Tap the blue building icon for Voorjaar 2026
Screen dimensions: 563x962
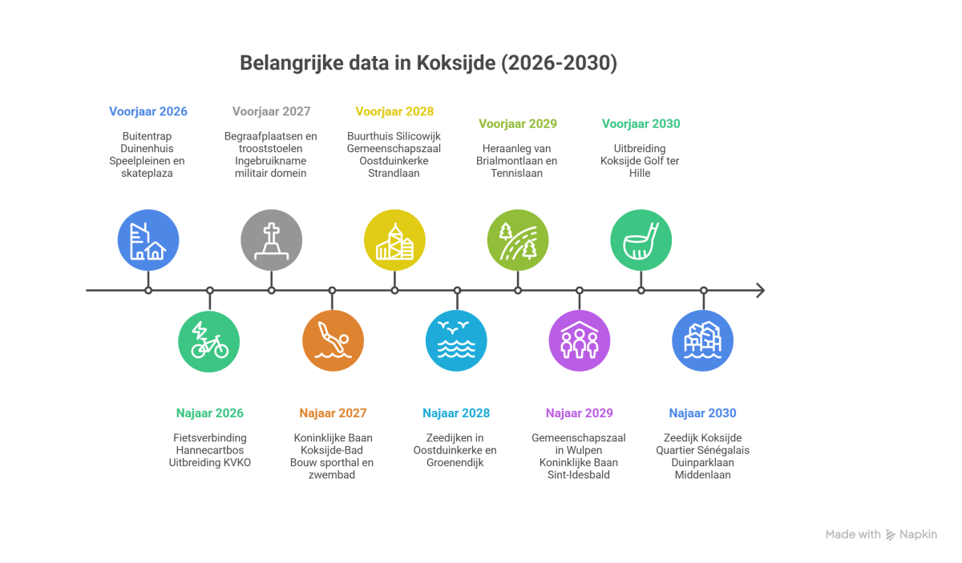(x=148, y=239)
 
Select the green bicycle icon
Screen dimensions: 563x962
(x=209, y=341)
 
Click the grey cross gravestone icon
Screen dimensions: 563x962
(x=271, y=239)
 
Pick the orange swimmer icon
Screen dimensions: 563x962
(x=333, y=341)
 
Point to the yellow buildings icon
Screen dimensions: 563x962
(x=394, y=239)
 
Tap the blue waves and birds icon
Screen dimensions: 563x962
(x=456, y=341)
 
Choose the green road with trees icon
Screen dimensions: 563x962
(x=518, y=239)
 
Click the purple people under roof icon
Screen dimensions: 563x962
(x=580, y=341)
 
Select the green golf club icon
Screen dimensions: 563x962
(x=641, y=239)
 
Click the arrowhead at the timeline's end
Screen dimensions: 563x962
(x=760, y=290)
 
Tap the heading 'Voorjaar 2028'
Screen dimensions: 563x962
(x=394, y=111)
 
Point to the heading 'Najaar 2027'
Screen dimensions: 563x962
(x=333, y=413)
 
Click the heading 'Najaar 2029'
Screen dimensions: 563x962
(x=580, y=413)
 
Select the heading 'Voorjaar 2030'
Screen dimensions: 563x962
(x=641, y=123)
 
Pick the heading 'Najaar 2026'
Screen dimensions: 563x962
(x=209, y=413)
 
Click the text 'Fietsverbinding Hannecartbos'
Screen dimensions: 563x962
(x=209, y=444)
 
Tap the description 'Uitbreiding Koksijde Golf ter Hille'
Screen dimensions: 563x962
(x=633, y=161)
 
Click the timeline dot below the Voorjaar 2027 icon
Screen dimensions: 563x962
(x=271, y=290)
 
